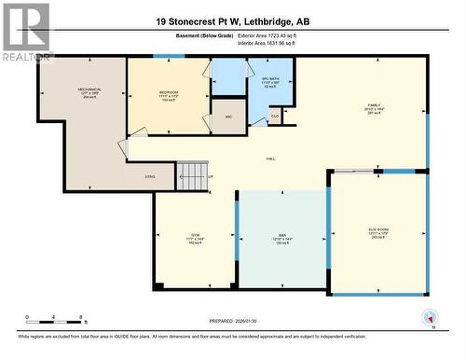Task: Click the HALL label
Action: click(270, 159)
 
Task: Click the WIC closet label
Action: click(228, 116)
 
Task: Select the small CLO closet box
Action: click(274, 117)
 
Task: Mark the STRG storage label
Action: click(149, 174)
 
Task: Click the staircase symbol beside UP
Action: click(190, 173)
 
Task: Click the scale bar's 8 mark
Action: click(83, 317)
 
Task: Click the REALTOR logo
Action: click(25, 32)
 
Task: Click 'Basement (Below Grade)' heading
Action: click(206, 35)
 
